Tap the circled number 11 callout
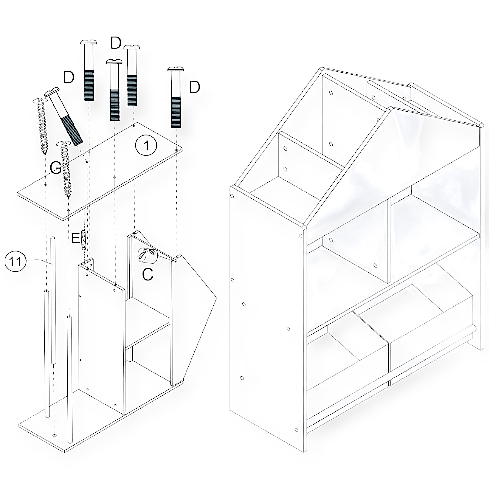(16, 261)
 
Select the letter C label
(148, 274)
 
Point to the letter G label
(56, 168)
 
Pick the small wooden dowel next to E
(84, 240)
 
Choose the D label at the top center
(116, 43)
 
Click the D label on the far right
(195, 87)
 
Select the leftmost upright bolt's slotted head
(89, 42)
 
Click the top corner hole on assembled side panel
(232, 196)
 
